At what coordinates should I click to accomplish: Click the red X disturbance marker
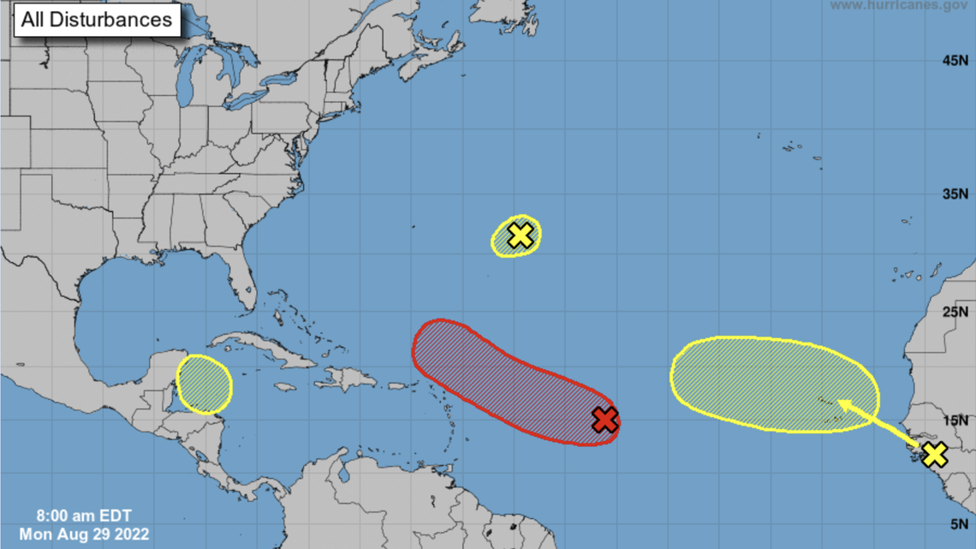pyautogui.click(x=605, y=420)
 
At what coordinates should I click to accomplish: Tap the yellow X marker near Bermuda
pyautogui.click(x=520, y=235)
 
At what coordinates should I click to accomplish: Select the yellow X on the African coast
pyautogui.click(x=934, y=454)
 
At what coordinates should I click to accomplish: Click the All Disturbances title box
pyautogui.click(x=97, y=20)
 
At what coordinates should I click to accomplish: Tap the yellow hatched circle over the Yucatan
pyautogui.click(x=204, y=384)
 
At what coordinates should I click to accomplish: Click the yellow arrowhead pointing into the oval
pyautogui.click(x=844, y=403)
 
